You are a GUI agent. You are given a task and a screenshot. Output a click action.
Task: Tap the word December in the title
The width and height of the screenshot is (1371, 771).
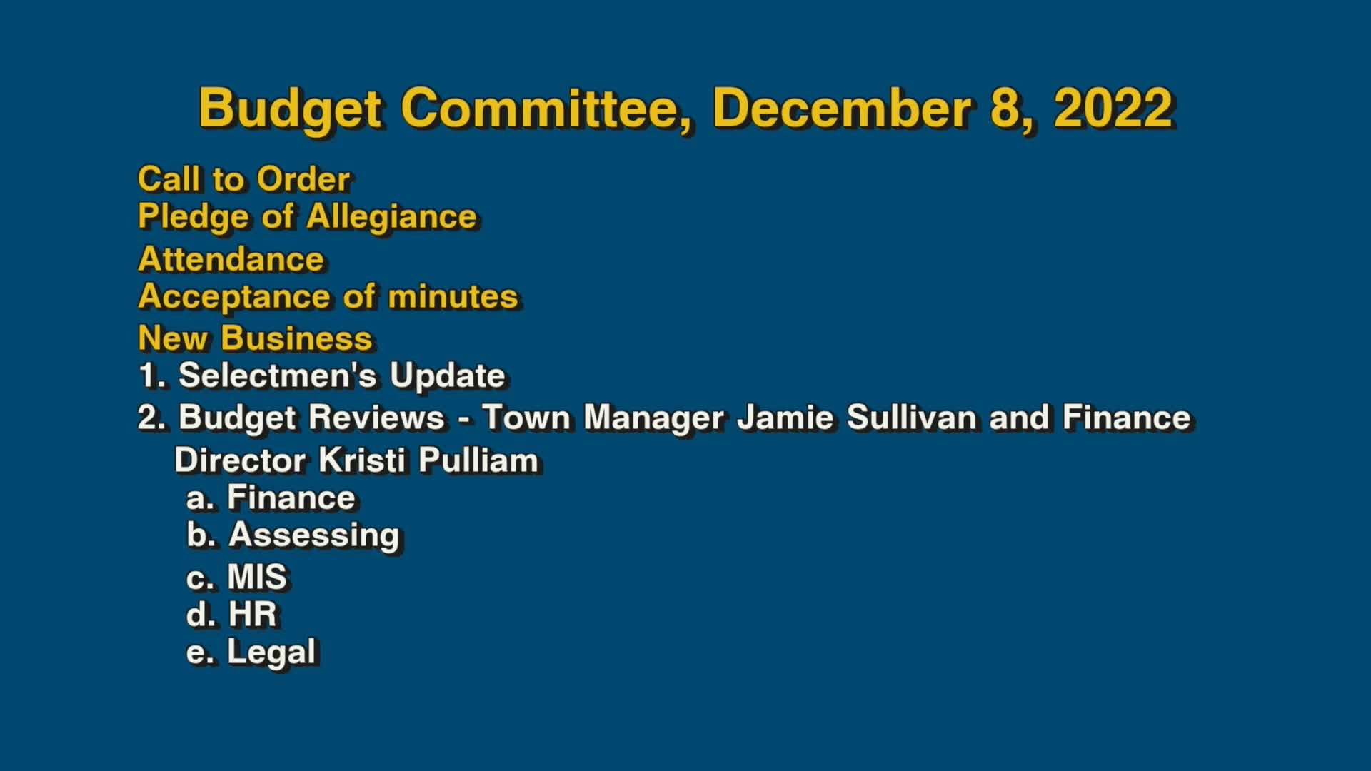(842, 109)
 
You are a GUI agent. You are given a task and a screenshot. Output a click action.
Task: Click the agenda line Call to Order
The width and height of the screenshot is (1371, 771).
(243, 179)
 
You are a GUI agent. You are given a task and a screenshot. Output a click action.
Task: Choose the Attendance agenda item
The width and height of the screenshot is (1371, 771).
(231, 259)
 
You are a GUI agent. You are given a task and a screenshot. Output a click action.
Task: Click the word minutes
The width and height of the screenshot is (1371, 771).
(453, 297)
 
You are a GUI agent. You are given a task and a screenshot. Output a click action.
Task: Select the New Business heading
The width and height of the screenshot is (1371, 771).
(255, 338)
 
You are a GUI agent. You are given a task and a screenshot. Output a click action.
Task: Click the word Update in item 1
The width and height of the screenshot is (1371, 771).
(448, 376)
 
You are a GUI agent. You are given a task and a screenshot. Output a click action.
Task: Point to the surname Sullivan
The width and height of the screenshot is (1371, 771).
(911, 418)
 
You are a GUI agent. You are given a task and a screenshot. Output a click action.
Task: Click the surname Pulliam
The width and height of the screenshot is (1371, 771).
(478, 460)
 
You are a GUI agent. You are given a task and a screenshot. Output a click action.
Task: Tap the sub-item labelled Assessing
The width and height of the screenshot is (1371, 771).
(313, 535)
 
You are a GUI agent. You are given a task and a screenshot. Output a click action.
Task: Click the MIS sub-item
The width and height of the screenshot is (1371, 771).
(257, 577)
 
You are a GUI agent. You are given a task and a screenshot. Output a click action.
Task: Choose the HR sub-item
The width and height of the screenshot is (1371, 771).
(252, 615)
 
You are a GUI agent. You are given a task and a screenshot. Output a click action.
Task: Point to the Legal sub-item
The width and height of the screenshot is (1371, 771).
(271, 652)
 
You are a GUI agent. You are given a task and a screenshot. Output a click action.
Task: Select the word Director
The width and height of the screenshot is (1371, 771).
(240, 460)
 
